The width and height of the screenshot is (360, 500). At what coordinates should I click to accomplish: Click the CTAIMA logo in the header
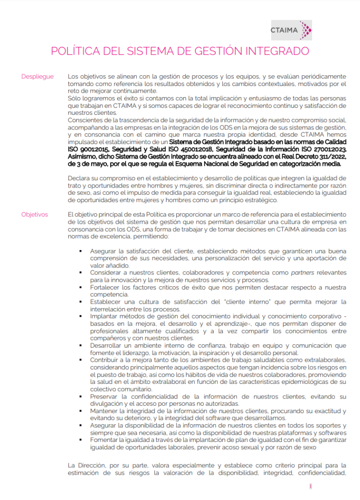click(291, 30)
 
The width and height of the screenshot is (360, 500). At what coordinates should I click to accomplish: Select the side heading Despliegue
click(37, 77)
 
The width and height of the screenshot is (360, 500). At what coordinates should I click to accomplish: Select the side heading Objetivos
click(35, 214)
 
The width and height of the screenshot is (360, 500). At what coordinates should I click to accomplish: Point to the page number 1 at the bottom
click(310, 486)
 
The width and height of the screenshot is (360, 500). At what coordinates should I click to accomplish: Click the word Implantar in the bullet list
click(105, 316)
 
